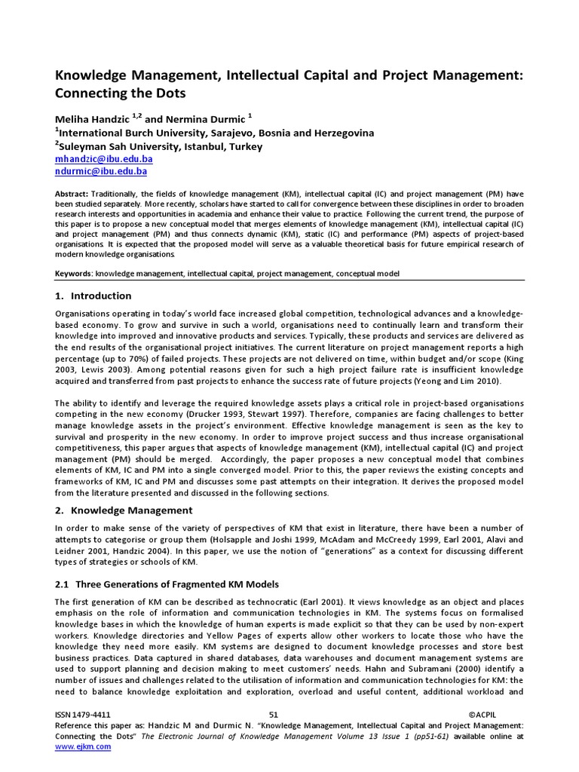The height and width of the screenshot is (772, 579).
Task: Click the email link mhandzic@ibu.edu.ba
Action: (x=104, y=160)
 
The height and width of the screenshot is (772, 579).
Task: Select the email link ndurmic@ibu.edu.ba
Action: (x=101, y=172)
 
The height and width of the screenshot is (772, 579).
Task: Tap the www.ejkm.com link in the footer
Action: (x=83, y=746)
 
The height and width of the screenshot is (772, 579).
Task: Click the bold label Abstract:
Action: (x=72, y=194)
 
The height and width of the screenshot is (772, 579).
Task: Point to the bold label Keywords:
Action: (x=75, y=272)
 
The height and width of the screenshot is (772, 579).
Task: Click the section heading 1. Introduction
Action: (x=93, y=296)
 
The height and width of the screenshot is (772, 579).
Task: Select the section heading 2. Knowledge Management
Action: (x=124, y=510)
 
